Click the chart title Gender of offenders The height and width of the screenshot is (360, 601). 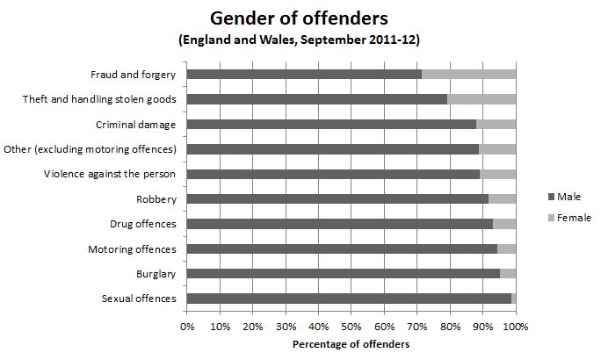pyautogui.click(x=300, y=18)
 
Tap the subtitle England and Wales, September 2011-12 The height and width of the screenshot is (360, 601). pyautogui.click(x=300, y=40)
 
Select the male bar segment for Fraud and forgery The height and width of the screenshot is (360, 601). pyautogui.click(x=304, y=75)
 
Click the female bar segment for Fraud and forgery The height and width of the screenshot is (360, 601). pyautogui.click(x=468, y=75)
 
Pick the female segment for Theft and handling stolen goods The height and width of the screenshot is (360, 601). pyautogui.click(x=482, y=99)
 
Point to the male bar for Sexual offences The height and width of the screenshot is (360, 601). pyautogui.click(x=349, y=299)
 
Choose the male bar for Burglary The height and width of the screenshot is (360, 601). pyautogui.click(x=344, y=274)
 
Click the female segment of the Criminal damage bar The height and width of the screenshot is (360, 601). pyautogui.click(x=496, y=125)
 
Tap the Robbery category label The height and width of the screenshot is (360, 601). pyautogui.click(x=156, y=199)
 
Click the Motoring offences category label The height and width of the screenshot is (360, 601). pyautogui.click(x=132, y=249)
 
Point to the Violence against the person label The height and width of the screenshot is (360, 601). pyautogui.click(x=110, y=174)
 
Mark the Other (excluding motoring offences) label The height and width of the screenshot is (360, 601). pyautogui.click(x=91, y=149)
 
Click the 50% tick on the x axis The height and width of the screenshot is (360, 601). pyautogui.click(x=351, y=327)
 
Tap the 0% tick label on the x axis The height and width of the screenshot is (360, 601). pyautogui.click(x=187, y=327)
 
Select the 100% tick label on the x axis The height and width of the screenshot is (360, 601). pyautogui.click(x=516, y=327)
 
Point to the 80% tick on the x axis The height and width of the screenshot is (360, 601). pyautogui.click(x=450, y=327)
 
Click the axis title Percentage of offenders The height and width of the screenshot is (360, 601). pyautogui.click(x=351, y=344)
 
